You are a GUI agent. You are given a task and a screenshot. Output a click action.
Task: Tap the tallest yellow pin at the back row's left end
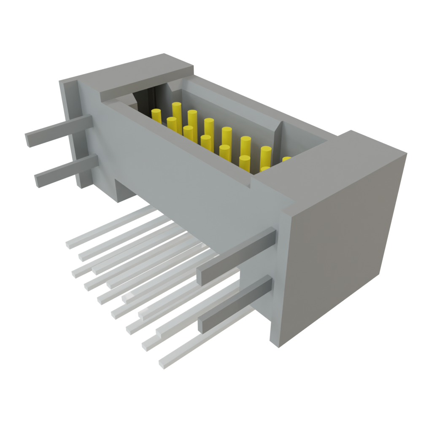pos(176,111)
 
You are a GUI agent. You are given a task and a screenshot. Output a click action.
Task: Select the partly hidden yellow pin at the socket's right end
pos(286,159)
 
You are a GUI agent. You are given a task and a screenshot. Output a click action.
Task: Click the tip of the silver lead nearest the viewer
pos(162,363)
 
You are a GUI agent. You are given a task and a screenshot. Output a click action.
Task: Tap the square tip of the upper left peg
pos(29,140)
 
